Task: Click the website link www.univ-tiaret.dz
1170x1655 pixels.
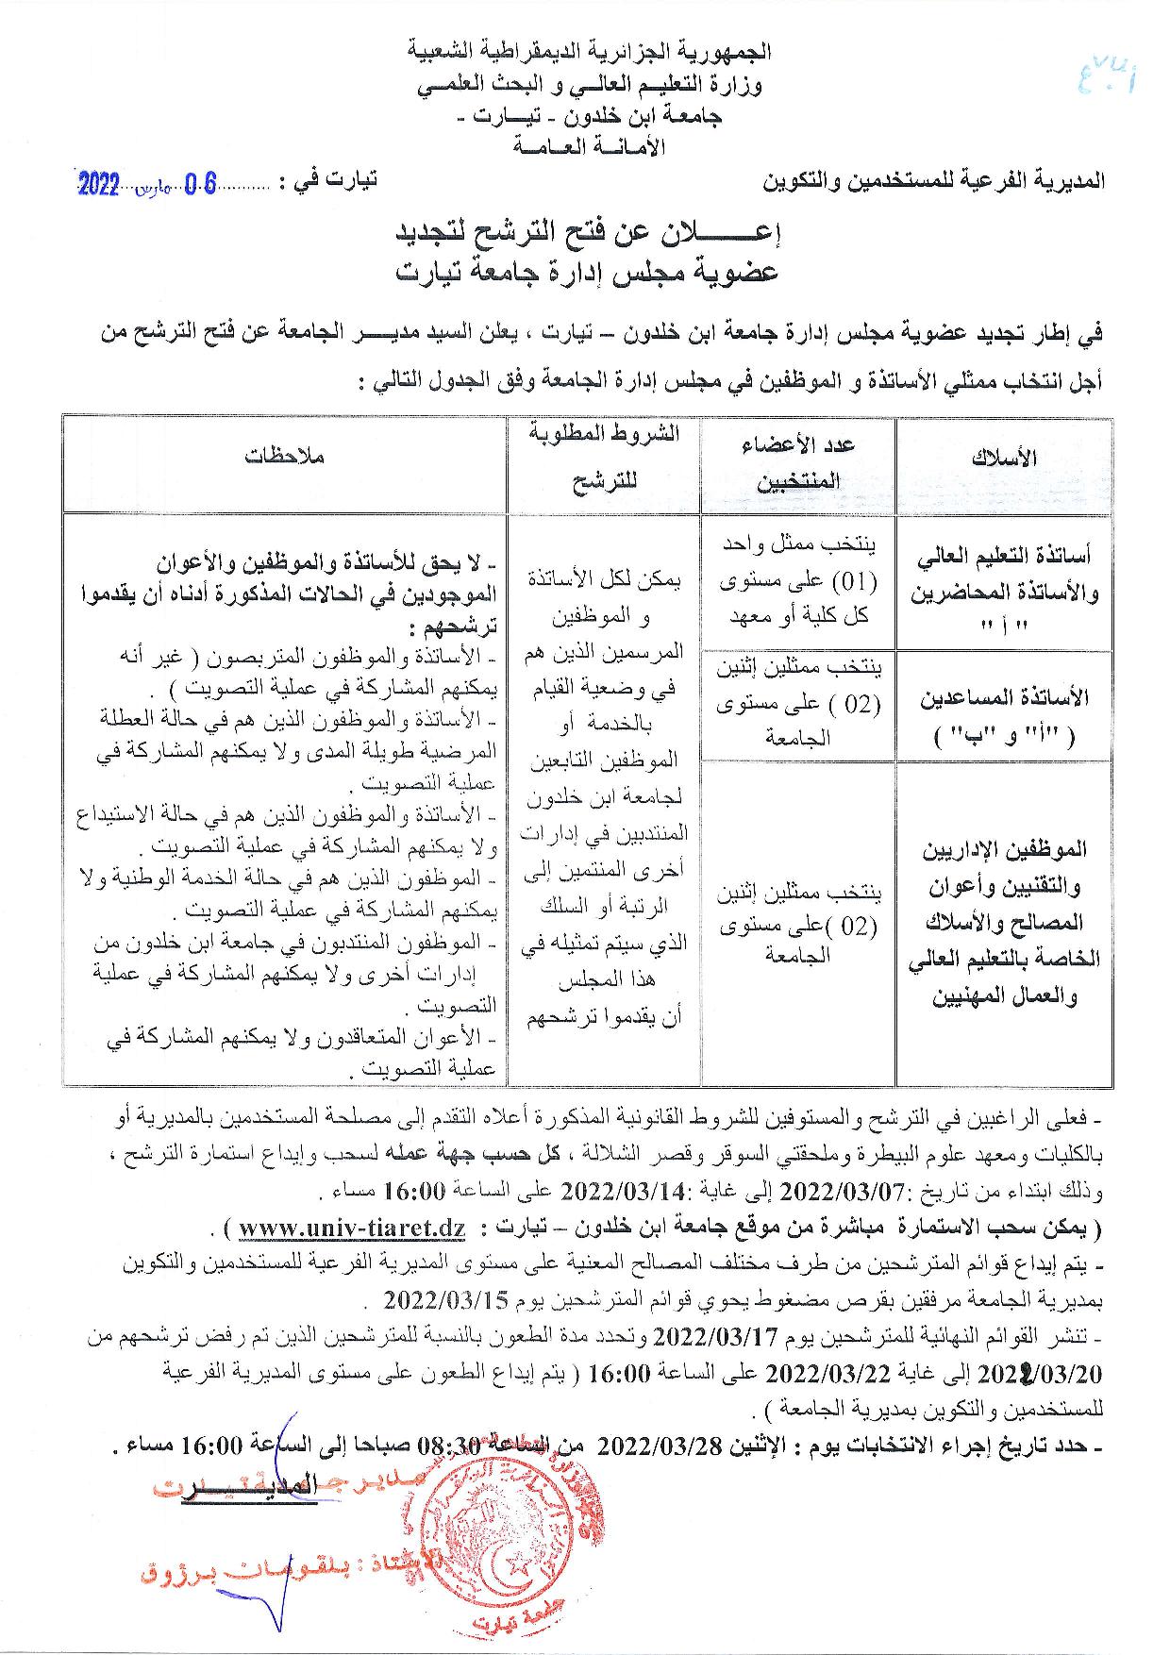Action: click(x=352, y=1229)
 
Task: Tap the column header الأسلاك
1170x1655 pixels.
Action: click(x=1003, y=458)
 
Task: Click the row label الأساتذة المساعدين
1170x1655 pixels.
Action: click(x=1003, y=716)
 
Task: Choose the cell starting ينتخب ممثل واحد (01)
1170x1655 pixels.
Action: click(x=799, y=580)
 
